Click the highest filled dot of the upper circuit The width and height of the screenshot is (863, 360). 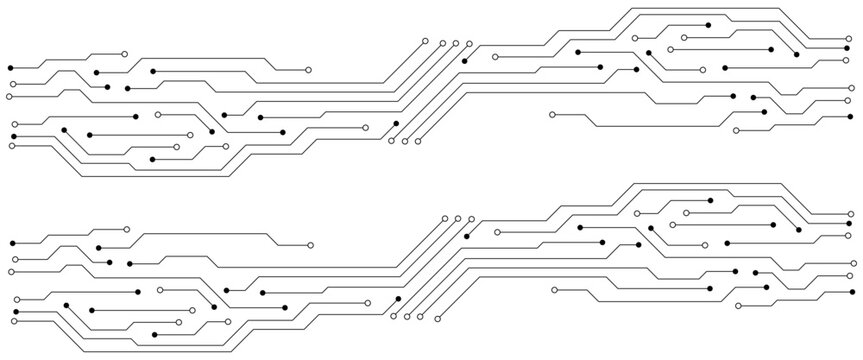pos(708,22)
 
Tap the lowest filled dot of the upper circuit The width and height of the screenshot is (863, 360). pos(152,160)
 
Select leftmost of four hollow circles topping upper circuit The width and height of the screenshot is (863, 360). pos(426,42)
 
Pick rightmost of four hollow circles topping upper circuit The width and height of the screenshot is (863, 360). pos(468,43)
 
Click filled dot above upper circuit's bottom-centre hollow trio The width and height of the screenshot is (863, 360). pos(397,123)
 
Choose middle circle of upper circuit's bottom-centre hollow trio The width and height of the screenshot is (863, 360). pos(405,141)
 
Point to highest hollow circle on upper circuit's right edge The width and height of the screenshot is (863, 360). pos(852,42)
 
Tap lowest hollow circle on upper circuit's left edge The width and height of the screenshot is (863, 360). pos(11,146)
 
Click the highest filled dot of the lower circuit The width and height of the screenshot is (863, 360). pos(711,201)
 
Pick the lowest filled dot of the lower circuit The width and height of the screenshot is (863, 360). pos(154,333)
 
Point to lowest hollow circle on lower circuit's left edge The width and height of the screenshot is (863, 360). pos(13,323)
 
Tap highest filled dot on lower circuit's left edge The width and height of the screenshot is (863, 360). pos(11,243)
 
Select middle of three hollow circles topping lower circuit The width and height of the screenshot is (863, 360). pos(458,219)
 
